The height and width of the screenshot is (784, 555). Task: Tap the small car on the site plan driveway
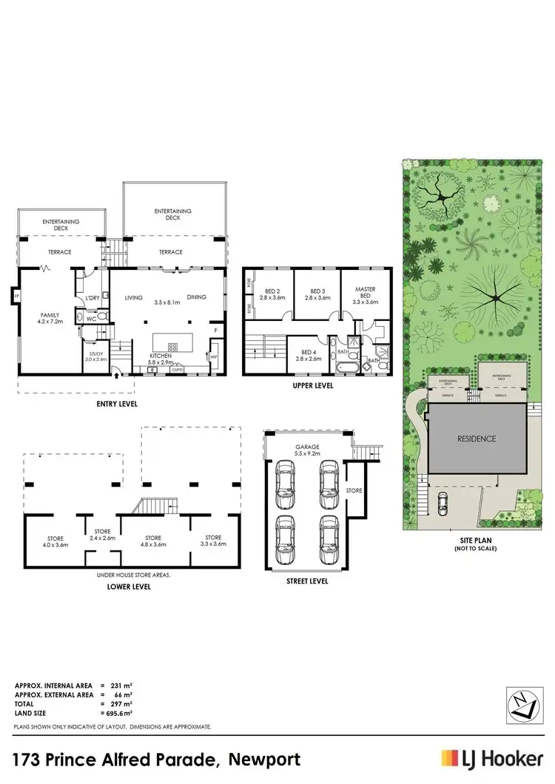coord(442,504)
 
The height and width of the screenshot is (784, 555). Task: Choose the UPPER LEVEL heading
coord(314,385)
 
